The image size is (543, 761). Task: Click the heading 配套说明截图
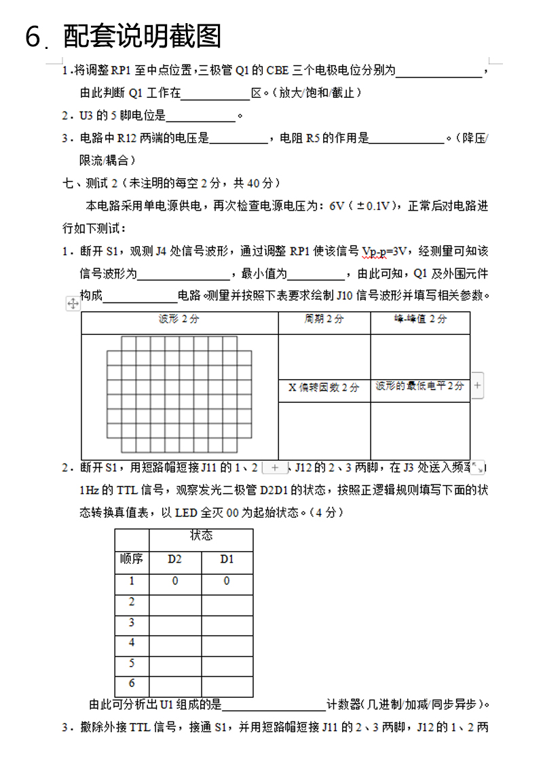tap(143, 37)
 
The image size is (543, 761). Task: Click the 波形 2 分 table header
tap(179, 319)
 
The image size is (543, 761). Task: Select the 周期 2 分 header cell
tap(324, 319)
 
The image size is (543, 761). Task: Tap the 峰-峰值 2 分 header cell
tap(420, 319)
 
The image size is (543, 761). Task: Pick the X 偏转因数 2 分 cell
tap(324, 387)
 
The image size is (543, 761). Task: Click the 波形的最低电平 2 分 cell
tap(419, 386)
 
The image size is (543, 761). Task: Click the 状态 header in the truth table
tap(201, 535)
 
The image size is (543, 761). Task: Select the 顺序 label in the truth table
tap(132, 559)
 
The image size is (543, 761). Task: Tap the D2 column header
tap(175, 559)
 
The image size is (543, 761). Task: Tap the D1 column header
tap(227, 559)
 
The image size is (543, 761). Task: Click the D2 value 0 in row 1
tap(175, 581)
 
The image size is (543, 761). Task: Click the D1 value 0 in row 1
tap(227, 581)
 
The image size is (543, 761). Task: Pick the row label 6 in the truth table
tap(132, 684)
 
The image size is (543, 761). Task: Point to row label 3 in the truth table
tap(132, 622)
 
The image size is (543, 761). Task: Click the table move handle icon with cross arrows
tap(73, 304)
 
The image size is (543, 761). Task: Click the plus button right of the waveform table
tap(477, 385)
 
